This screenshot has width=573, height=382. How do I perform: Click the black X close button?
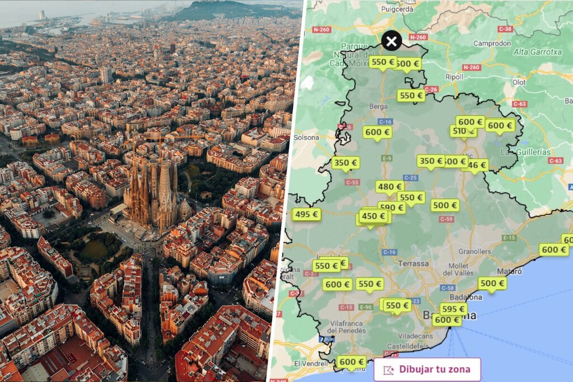[x=392, y=41]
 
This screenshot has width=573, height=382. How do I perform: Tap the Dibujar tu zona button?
[x=428, y=370]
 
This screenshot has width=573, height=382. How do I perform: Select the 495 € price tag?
[x=307, y=214]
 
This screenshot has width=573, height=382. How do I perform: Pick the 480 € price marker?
[x=389, y=187]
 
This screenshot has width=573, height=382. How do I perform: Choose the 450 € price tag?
[x=374, y=216]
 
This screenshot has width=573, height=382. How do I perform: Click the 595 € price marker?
[x=453, y=309]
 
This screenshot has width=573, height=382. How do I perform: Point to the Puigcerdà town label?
[x=397, y=9]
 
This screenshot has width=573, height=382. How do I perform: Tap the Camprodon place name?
[x=492, y=43]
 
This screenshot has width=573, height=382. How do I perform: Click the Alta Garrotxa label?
[x=537, y=52]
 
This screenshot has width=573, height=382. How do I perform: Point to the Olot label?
[x=519, y=82]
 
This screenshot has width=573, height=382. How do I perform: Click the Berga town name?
[x=379, y=106]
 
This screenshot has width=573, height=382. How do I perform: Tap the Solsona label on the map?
[x=307, y=138]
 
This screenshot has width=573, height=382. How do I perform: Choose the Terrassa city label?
[x=414, y=263]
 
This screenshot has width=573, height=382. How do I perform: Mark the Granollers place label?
[x=475, y=252]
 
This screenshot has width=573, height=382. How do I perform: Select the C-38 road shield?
[x=505, y=29]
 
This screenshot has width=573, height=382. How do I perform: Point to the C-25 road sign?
[x=410, y=178]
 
